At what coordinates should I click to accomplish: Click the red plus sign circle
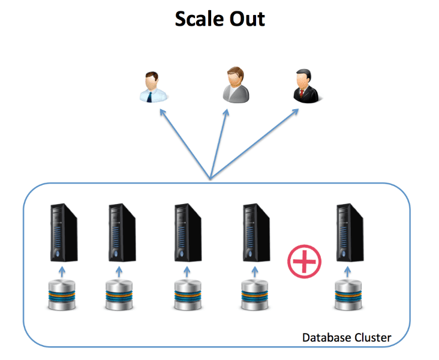(305, 260)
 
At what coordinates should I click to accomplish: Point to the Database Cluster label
(347, 338)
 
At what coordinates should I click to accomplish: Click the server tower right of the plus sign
(350, 233)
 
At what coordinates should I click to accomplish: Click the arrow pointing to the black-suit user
(255, 144)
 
